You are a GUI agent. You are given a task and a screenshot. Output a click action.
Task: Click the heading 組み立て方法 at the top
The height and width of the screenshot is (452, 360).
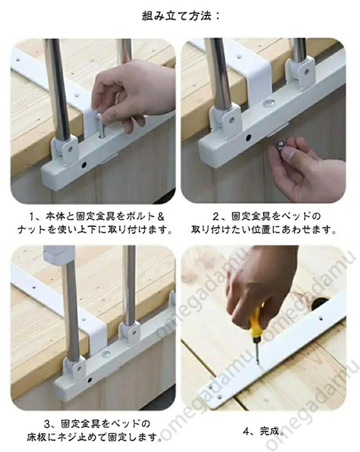click(x=177, y=16)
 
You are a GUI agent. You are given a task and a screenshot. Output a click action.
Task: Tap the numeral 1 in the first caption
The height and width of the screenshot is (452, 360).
click(x=32, y=217)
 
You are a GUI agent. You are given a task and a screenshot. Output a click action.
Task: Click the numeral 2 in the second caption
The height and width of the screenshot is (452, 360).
click(x=216, y=217)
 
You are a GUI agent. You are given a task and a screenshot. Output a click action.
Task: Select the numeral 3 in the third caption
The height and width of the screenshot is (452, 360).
click(x=47, y=424)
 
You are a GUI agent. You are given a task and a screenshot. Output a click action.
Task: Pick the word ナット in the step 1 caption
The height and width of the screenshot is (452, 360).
click(x=31, y=230)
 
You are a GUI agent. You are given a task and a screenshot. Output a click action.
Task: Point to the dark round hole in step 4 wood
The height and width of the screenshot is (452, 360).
click(x=319, y=304)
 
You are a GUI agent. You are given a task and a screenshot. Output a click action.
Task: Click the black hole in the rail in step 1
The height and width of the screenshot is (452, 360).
click(x=84, y=165)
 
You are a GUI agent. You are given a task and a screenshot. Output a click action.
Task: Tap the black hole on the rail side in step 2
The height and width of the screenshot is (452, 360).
click(x=248, y=138)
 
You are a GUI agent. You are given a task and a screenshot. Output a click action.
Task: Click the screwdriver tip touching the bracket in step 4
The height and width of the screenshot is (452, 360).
click(x=259, y=364)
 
